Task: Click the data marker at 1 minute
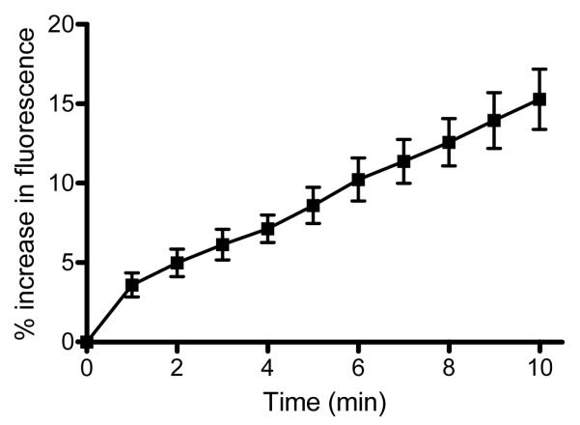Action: (x=132, y=285)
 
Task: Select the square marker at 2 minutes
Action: (x=178, y=263)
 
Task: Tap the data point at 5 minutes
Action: (x=314, y=206)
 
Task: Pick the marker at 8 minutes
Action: (x=449, y=142)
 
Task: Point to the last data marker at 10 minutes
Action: (x=539, y=99)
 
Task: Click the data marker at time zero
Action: (x=87, y=341)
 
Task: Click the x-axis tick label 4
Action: (x=268, y=369)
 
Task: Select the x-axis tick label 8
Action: (x=449, y=369)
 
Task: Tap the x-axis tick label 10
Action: (x=539, y=369)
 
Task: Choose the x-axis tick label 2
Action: (x=178, y=369)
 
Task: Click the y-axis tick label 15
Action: (x=60, y=103)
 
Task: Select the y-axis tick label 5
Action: (x=66, y=262)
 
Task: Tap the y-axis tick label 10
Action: (x=60, y=183)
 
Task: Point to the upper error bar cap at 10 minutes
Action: (x=539, y=69)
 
